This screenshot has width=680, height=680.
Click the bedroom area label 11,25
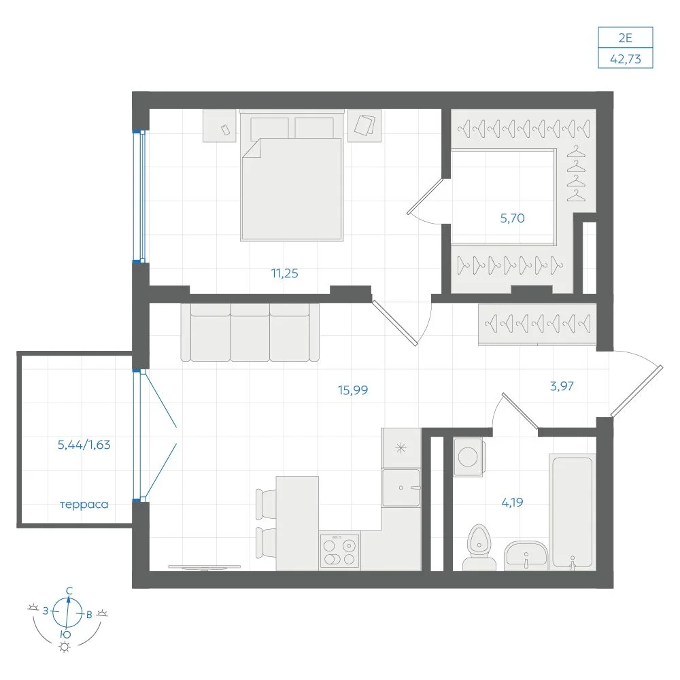click(x=284, y=273)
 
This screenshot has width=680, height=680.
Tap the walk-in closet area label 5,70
click(x=512, y=218)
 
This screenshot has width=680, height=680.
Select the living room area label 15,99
click(x=352, y=390)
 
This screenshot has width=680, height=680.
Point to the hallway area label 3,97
click(x=562, y=386)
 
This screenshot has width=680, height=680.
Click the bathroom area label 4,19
click(x=512, y=503)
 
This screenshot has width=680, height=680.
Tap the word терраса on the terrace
click(x=84, y=505)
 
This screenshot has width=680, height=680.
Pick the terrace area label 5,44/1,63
click(x=84, y=445)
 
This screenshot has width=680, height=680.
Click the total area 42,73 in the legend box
click(x=626, y=58)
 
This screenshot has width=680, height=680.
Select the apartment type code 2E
click(x=626, y=38)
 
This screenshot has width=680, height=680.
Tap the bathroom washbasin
click(x=526, y=556)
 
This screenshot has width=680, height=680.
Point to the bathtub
click(x=572, y=512)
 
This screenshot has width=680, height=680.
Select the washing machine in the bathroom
click(x=468, y=457)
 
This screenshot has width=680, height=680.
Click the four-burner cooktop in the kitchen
click(x=339, y=550)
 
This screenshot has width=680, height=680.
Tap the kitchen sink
click(x=401, y=488)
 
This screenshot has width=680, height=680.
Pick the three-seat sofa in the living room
click(x=250, y=333)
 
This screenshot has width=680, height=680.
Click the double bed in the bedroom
click(x=292, y=175)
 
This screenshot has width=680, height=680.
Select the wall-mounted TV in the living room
click(x=204, y=567)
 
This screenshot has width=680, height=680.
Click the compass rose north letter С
click(x=69, y=591)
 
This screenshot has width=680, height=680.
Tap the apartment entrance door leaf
click(x=636, y=391)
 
